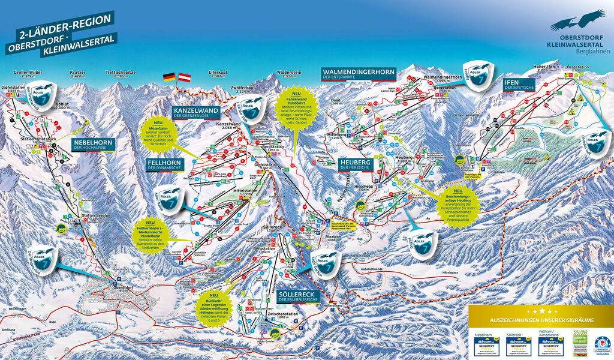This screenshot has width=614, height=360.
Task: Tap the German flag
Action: click(x=169, y=78)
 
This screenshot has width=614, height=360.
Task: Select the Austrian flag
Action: click(x=185, y=78)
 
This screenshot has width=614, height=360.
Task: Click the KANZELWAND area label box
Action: click(x=196, y=113)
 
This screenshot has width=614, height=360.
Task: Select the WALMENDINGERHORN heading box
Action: click(x=358, y=74)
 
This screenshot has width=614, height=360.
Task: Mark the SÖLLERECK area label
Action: click(x=298, y=296)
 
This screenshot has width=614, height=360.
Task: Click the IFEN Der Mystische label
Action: click(x=519, y=84)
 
